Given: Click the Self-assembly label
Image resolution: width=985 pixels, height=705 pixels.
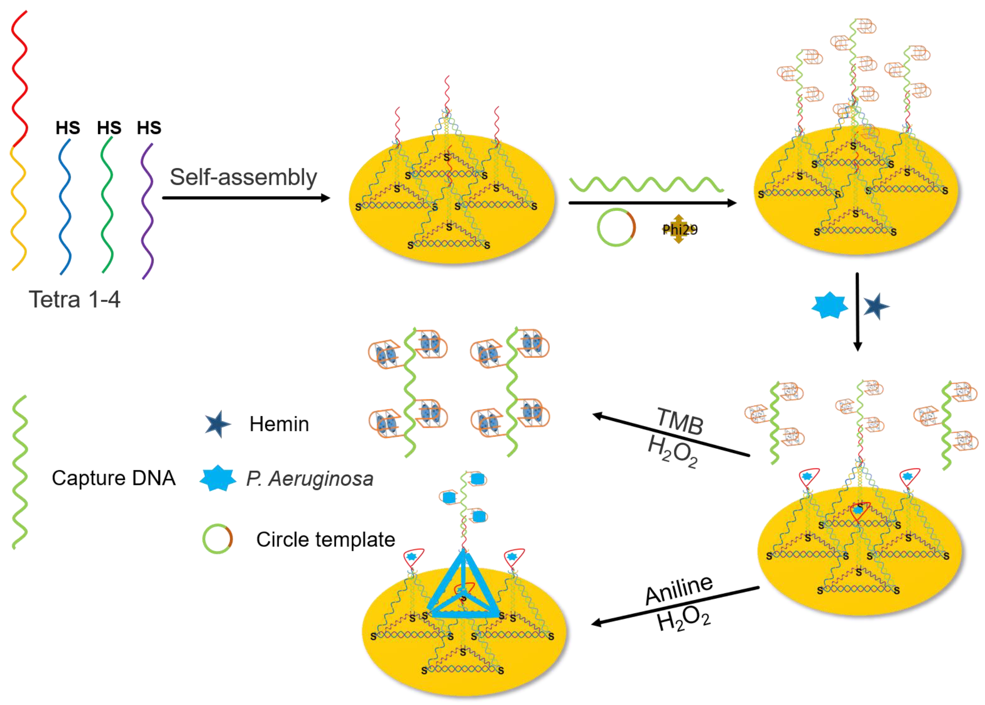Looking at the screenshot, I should (243, 177).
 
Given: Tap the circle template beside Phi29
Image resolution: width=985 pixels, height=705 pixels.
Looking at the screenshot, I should (616, 228).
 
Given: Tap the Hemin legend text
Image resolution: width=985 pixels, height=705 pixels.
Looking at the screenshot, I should (279, 424).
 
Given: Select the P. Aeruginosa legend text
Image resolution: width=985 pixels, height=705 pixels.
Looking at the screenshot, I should (310, 479).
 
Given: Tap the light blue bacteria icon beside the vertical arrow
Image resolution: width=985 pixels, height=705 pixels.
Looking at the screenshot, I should (830, 305).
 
